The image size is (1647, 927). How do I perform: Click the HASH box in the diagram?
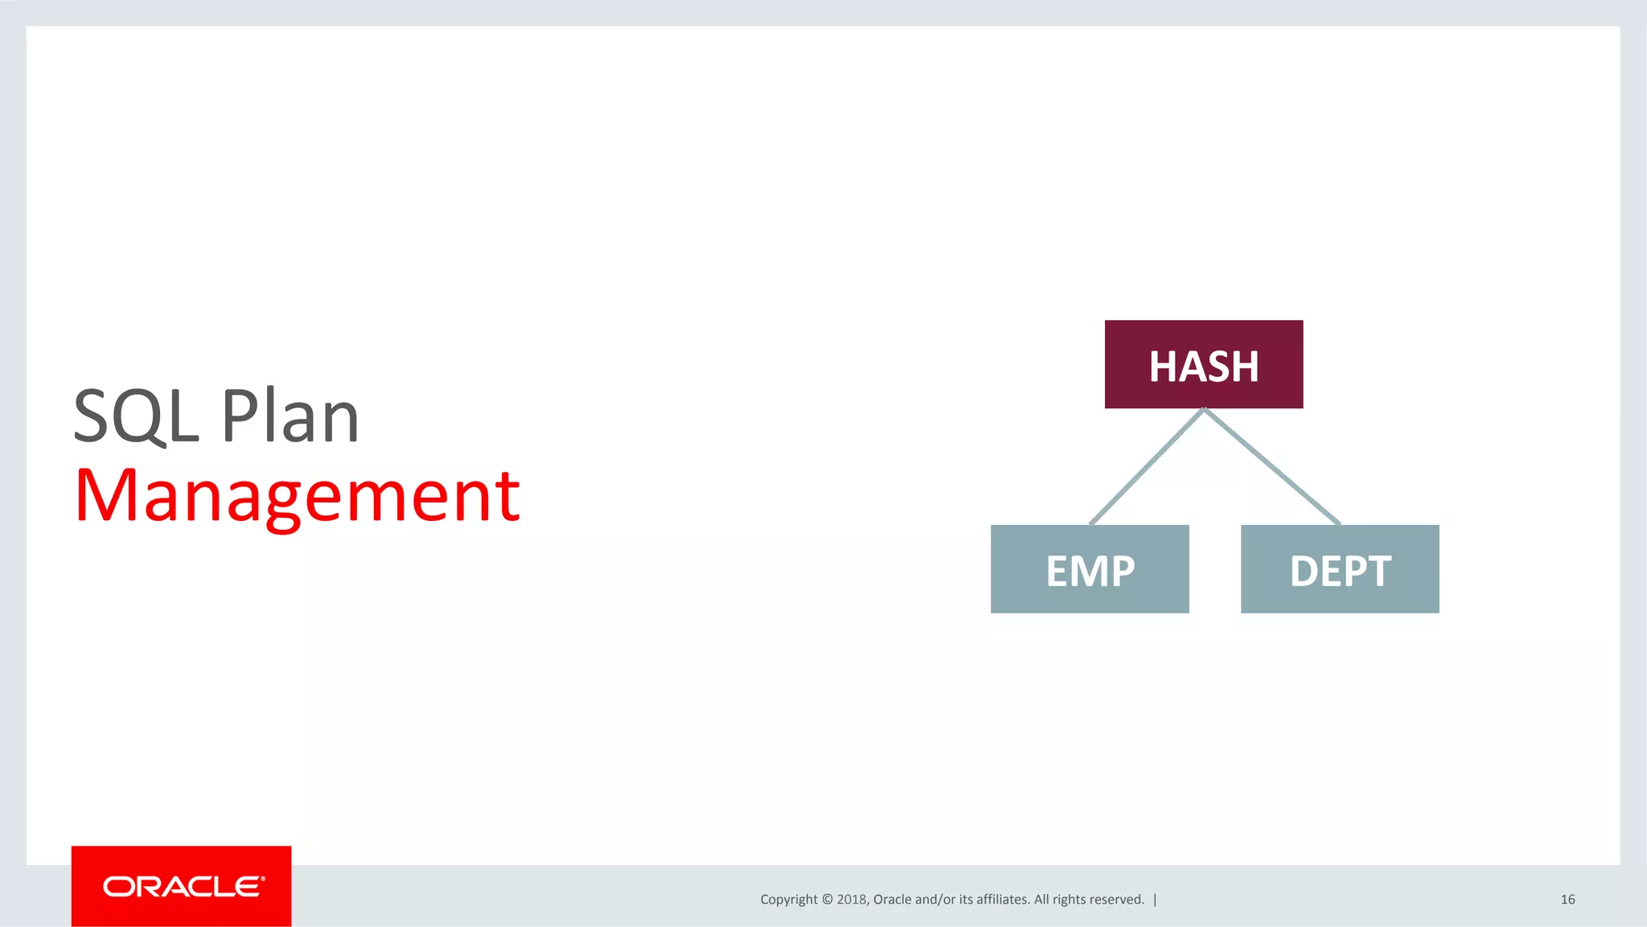[1203, 364]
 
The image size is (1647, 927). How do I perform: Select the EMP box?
[1089, 569]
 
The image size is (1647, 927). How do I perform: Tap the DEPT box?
[1339, 569]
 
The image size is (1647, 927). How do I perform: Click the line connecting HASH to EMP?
[1146, 467]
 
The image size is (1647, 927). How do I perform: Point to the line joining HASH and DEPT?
[1272, 467]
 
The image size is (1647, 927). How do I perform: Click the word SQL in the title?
[135, 416]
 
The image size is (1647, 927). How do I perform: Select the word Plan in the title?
[290, 416]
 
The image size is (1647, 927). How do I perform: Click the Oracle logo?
[182, 886]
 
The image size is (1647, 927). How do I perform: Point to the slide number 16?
[1567, 900]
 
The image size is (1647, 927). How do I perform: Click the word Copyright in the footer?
[788, 900]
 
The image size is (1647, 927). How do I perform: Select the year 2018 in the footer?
[851, 900]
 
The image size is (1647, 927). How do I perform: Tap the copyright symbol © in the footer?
[827, 900]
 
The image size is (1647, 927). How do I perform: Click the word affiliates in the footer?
[1002, 900]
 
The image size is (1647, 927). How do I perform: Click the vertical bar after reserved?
[1155, 900]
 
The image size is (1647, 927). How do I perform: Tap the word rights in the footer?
[1069, 900]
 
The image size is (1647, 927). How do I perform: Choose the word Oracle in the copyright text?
[892, 900]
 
